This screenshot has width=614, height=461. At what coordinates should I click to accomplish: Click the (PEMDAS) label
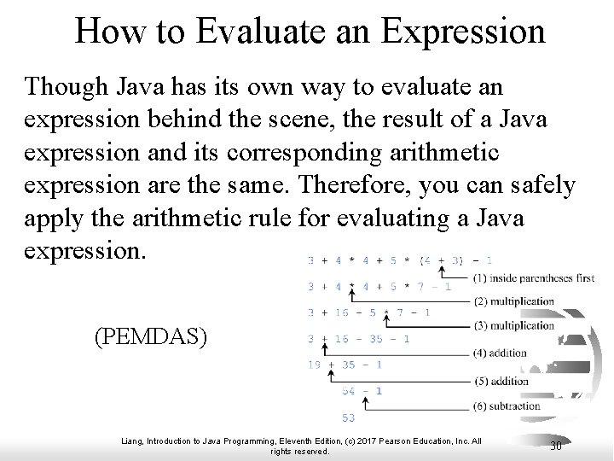[x=150, y=336]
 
